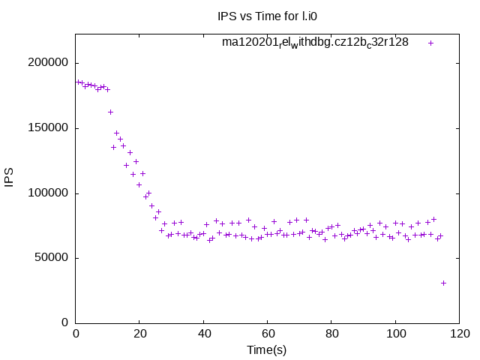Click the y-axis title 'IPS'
point(10,178)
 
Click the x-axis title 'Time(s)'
point(268,349)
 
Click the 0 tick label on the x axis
point(76,334)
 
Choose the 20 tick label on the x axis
point(139,334)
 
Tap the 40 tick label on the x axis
point(203,334)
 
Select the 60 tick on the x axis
point(268,334)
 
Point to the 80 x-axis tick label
point(331,334)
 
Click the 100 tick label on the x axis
point(395,334)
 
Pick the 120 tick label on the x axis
point(459,334)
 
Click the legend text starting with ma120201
point(315,43)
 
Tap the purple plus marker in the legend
point(430,43)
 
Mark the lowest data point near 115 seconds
point(443,283)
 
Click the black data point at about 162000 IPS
point(110,112)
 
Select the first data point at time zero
point(76,82)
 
